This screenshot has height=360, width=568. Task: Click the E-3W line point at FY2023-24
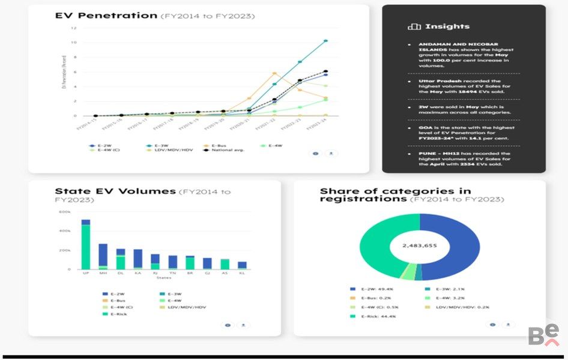tap(325, 41)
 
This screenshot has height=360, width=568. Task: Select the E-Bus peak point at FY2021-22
tap(274, 73)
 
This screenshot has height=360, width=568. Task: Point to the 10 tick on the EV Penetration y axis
tap(74, 43)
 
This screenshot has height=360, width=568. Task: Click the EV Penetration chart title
tap(106, 16)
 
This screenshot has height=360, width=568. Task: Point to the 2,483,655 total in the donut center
tap(420, 247)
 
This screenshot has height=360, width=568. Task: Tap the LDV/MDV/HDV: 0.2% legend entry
tap(459, 307)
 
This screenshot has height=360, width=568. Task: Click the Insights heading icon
tap(414, 26)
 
